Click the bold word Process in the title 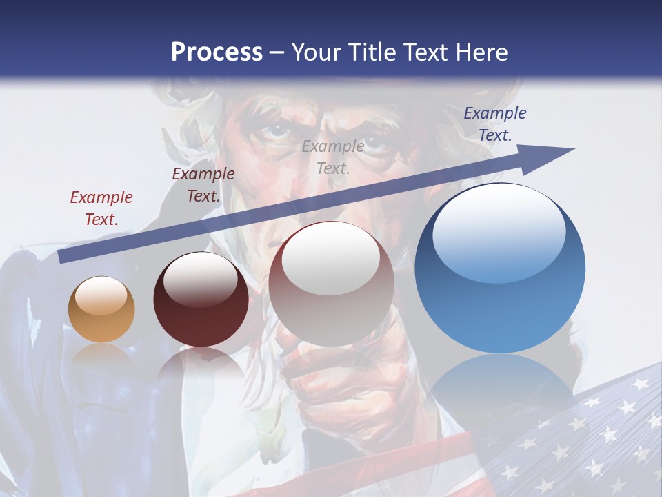pyautogui.click(x=217, y=52)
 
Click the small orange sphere pyautogui.click(x=101, y=309)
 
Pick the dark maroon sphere pyautogui.click(x=201, y=300)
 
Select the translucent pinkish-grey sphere pyautogui.click(x=331, y=284)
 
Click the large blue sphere pyautogui.click(x=500, y=268)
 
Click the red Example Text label pyautogui.click(x=101, y=208)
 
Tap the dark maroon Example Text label pyautogui.click(x=203, y=185)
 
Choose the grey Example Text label pyautogui.click(x=333, y=157)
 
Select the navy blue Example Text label pyautogui.click(x=495, y=124)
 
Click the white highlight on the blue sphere pyautogui.click(x=499, y=231)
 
